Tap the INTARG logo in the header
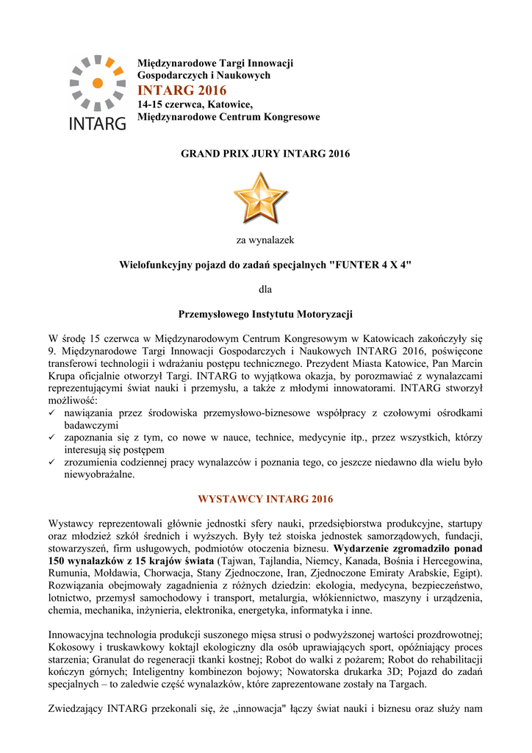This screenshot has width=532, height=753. pyautogui.click(x=98, y=93)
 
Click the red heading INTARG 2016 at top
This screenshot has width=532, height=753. pyautogui.click(x=182, y=90)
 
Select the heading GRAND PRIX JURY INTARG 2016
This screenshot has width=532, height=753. pyautogui.click(x=265, y=154)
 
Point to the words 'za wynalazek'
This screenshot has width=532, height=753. pyautogui.click(x=265, y=240)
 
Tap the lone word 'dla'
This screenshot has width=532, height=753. pyautogui.click(x=265, y=289)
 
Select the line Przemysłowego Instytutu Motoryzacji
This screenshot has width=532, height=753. pyautogui.click(x=265, y=314)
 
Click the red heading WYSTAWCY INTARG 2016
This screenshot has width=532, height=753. pyautogui.click(x=265, y=499)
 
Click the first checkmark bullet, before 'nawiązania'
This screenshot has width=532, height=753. pyautogui.click(x=52, y=413)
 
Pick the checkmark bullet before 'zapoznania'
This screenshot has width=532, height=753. pyautogui.click(x=52, y=438)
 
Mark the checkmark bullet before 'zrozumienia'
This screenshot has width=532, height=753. pyautogui.click(x=52, y=463)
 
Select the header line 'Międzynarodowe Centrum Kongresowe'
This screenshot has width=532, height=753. pyautogui.click(x=229, y=118)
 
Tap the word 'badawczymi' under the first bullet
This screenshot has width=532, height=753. pyautogui.click(x=91, y=426)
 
